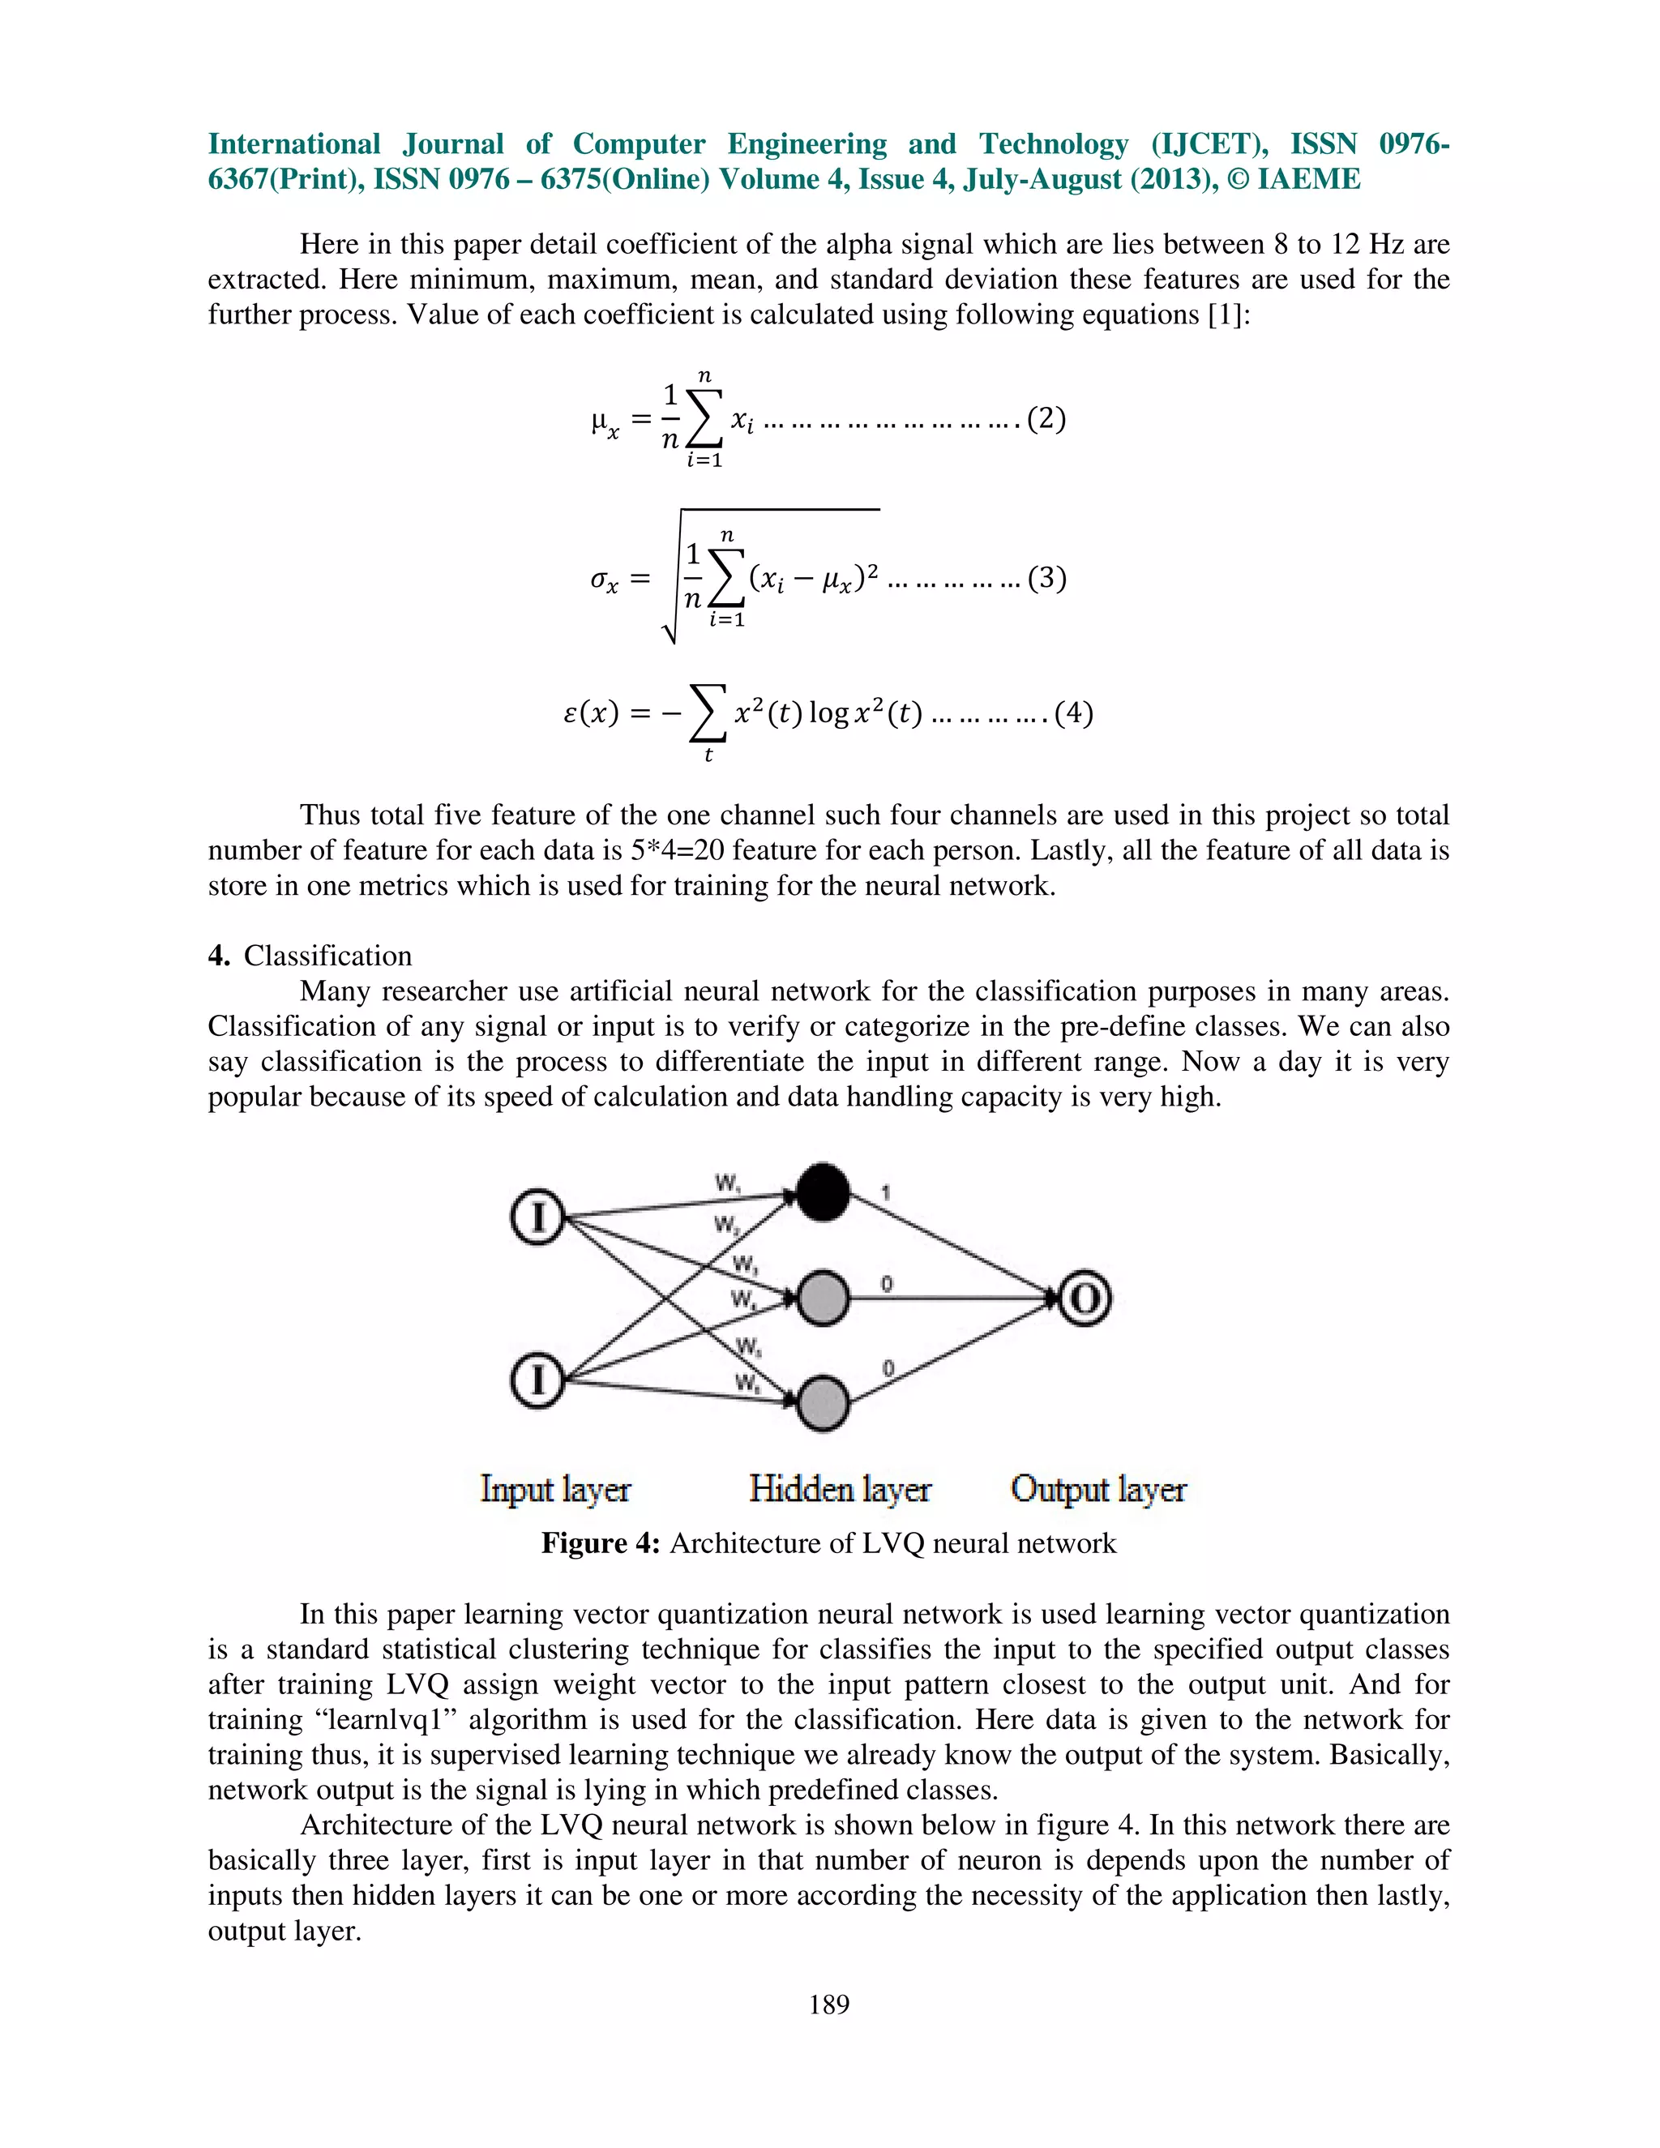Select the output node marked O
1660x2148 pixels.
point(1085,1299)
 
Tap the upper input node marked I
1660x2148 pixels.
point(537,1217)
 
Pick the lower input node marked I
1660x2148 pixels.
point(537,1380)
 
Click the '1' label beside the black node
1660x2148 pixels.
point(886,1193)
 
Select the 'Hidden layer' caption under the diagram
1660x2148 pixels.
point(840,1488)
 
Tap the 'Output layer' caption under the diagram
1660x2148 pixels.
point(1098,1488)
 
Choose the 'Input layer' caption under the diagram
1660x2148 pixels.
point(555,1488)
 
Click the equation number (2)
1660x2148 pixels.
point(1046,419)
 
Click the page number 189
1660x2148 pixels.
point(829,2004)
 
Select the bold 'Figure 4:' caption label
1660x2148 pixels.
point(601,1543)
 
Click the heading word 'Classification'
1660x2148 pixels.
point(327,956)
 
